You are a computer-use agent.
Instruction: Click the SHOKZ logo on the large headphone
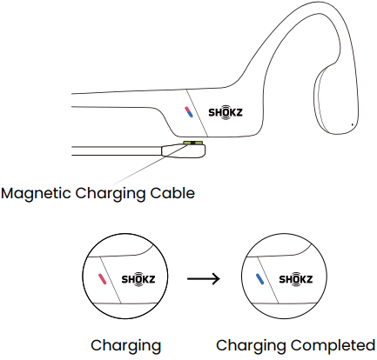click(x=226, y=112)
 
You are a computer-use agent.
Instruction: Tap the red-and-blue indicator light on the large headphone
click(x=189, y=112)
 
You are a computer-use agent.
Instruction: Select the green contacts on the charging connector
click(x=192, y=143)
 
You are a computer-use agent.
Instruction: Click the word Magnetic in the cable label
click(x=36, y=194)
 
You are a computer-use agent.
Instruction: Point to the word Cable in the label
click(x=172, y=193)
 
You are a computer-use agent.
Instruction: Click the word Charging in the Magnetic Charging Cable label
click(x=111, y=194)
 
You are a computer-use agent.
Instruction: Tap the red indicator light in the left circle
click(x=102, y=279)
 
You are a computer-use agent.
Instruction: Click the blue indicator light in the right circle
click(x=259, y=279)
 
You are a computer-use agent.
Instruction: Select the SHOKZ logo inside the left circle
click(x=138, y=279)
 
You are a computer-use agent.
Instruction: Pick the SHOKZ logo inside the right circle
click(x=296, y=279)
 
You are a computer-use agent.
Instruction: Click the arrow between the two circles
click(x=204, y=279)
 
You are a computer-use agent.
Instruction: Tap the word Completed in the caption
click(x=333, y=345)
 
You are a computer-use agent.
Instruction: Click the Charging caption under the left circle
click(x=125, y=346)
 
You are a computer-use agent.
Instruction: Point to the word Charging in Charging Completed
click(x=252, y=346)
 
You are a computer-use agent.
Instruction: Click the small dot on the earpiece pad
click(x=353, y=125)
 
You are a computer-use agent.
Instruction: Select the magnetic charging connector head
click(x=184, y=150)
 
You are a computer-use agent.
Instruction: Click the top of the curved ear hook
click(x=315, y=3)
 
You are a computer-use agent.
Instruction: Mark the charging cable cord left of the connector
click(x=117, y=151)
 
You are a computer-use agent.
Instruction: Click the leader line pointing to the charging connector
click(x=149, y=165)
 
